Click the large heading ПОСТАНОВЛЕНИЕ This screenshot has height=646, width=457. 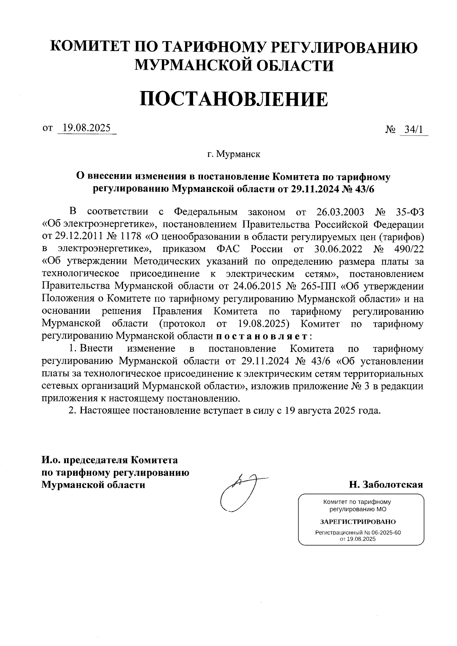(x=233, y=99)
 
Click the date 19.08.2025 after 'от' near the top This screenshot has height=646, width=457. (x=86, y=128)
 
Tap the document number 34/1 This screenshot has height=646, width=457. (x=414, y=130)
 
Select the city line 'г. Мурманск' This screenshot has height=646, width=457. (x=233, y=154)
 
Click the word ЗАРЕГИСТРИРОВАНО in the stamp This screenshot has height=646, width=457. (x=358, y=522)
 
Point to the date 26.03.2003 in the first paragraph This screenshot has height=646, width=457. (x=340, y=212)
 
